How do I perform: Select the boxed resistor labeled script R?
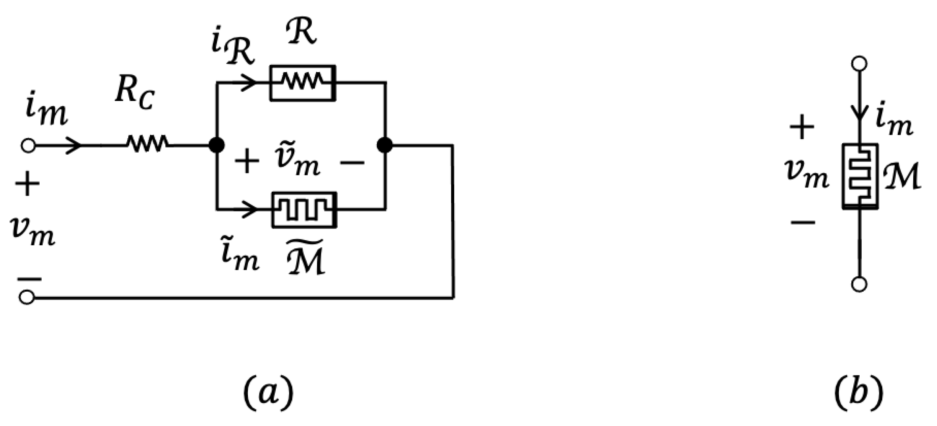[x=303, y=83]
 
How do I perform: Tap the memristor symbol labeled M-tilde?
[x=304, y=210]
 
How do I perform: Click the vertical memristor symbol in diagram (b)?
[x=860, y=176]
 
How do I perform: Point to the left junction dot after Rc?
[x=217, y=145]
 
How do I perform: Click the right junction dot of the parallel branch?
[x=384, y=145]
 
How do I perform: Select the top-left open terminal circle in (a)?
[x=28, y=146]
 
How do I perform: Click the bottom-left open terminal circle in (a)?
[x=27, y=297]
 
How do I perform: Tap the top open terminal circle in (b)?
[x=859, y=64]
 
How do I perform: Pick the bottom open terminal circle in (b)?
[x=859, y=285]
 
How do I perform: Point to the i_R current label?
[x=232, y=50]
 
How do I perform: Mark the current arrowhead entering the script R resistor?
[x=250, y=83]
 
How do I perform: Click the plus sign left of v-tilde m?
[x=247, y=161]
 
